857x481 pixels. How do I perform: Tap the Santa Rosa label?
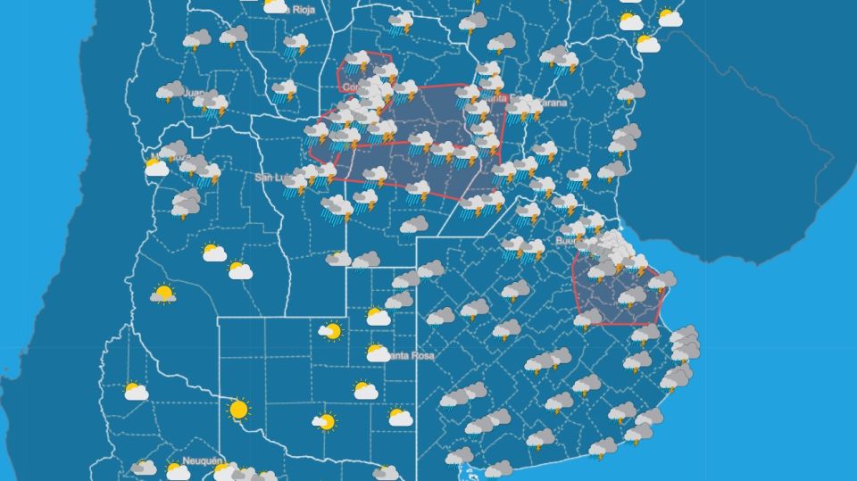point(413,356)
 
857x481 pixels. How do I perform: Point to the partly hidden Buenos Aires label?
point(568,241)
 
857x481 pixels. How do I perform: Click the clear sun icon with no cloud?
point(238,410)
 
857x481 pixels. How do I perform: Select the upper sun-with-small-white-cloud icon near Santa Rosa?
point(330,332)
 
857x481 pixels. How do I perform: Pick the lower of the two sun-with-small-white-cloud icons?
point(324,421)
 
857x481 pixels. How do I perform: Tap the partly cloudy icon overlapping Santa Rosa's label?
point(379,352)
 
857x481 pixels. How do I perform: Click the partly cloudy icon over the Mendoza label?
point(157,166)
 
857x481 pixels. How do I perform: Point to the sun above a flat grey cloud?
point(162,294)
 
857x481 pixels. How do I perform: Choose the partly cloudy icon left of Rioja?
point(276,6)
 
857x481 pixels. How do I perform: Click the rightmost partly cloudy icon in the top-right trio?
point(670,17)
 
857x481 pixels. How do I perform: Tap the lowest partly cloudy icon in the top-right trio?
point(647,43)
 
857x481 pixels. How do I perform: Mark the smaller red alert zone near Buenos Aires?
point(618,290)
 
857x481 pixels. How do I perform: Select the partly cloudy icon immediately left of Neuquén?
point(178,469)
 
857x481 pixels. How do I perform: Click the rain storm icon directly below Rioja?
point(295,44)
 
